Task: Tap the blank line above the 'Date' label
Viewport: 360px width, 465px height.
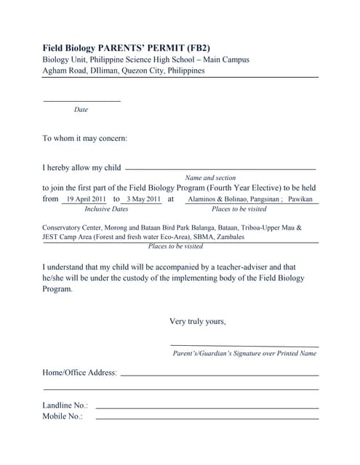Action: pos(81,101)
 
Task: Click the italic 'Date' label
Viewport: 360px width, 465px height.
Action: pos(81,110)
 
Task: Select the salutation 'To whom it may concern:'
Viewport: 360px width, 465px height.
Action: pos(85,138)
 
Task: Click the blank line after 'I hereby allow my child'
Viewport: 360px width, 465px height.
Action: pos(220,169)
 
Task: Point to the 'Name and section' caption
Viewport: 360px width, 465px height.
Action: pos(210,177)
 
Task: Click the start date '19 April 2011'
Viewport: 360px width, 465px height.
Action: pos(86,198)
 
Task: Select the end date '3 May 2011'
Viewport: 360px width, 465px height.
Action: pos(143,198)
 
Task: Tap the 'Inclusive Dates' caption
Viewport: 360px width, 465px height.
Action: pos(106,209)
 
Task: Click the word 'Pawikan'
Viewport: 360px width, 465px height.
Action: pos(300,198)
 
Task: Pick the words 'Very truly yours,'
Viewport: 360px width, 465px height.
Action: pos(197,321)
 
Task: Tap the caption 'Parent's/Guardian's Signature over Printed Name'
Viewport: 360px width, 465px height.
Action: pos(244,354)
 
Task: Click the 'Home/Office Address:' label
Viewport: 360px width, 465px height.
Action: pos(79,373)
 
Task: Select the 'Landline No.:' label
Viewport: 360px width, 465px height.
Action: pos(65,405)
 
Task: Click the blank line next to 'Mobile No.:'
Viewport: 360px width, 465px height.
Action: pos(207,418)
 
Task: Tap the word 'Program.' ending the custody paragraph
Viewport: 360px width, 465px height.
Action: pos(57,288)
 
